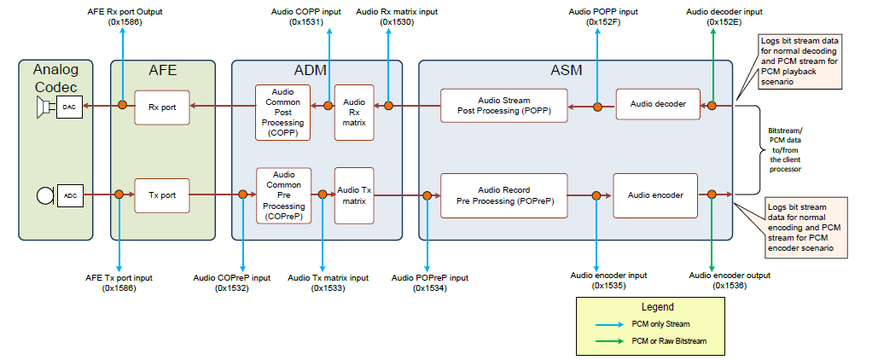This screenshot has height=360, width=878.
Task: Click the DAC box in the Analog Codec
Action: click(x=69, y=106)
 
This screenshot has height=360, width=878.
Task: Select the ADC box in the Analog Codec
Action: click(x=69, y=195)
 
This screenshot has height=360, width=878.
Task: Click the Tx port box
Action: click(x=161, y=195)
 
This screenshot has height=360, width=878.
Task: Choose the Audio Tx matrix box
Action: click(x=354, y=195)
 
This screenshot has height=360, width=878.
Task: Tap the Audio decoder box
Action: click(x=657, y=104)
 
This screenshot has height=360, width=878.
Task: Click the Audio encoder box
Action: click(x=655, y=195)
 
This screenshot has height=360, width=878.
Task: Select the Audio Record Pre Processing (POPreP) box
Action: click(x=503, y=195)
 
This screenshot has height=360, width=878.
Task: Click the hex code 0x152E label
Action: click(x=712, y=22)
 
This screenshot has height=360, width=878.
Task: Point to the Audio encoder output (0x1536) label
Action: click(x=730, y=281)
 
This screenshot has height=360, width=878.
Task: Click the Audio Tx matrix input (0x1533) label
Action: click(x=328, y=283)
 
